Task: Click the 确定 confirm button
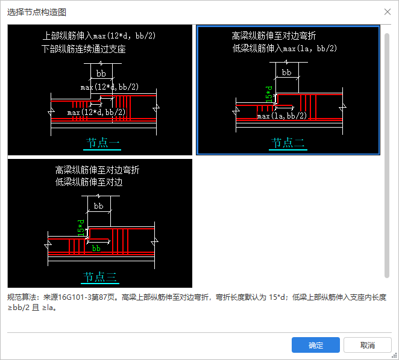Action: click(x=316, y=345)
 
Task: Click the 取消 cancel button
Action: click(x=368, y=345)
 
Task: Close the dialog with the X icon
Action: click(x=388, y=11)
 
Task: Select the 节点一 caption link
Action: click(x=102, y=143)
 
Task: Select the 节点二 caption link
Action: click(x=288, y=143)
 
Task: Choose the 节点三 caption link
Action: click(x=100, y=276)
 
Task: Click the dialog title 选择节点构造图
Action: click(x=37, y=12)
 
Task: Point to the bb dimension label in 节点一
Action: click(x=101, y=73)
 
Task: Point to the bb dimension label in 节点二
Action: click(x=286, y=72)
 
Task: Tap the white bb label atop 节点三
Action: click(x=98, y=206)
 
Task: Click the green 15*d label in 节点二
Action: click(x=269, y=94)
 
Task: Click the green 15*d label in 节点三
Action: click(x=81, y=228)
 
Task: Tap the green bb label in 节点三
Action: click(x=96, y=249)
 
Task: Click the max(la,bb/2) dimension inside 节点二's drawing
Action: click(x=282, y=116)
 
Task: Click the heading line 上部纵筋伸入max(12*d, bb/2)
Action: click(x=99, y=36)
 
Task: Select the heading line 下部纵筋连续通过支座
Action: click(x=84, y=49)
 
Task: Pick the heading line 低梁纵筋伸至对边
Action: click(x=89, y=182)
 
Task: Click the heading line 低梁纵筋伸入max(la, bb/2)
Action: click(x=284, y=48)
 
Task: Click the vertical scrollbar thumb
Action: click(x=387, y=155)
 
